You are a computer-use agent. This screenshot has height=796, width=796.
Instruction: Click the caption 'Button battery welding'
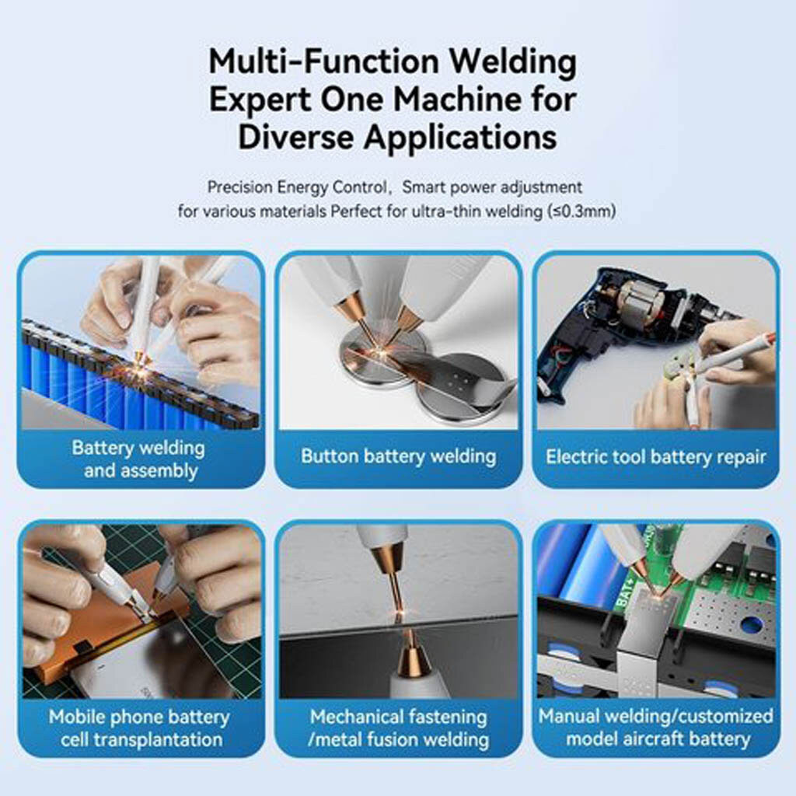pyautogui.click(x=399, y=456)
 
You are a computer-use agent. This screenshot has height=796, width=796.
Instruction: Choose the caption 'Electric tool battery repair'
pyautogui.click(x=656, y=456)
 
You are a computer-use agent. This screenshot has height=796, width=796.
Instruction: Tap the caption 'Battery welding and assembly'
pyautogui.click(x=139, y=459)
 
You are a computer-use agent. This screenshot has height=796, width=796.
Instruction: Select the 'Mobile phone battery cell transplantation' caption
pyautogui.click(x=140, y=728)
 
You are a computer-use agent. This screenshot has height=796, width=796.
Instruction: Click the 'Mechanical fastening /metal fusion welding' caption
pyautogui.click(x=399, y=728)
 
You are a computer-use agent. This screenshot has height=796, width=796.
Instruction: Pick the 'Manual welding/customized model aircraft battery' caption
pyautogui.click(x=656, y=727)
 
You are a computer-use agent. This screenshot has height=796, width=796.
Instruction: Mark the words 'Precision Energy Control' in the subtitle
pyautogui.click(x=297, y=187)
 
